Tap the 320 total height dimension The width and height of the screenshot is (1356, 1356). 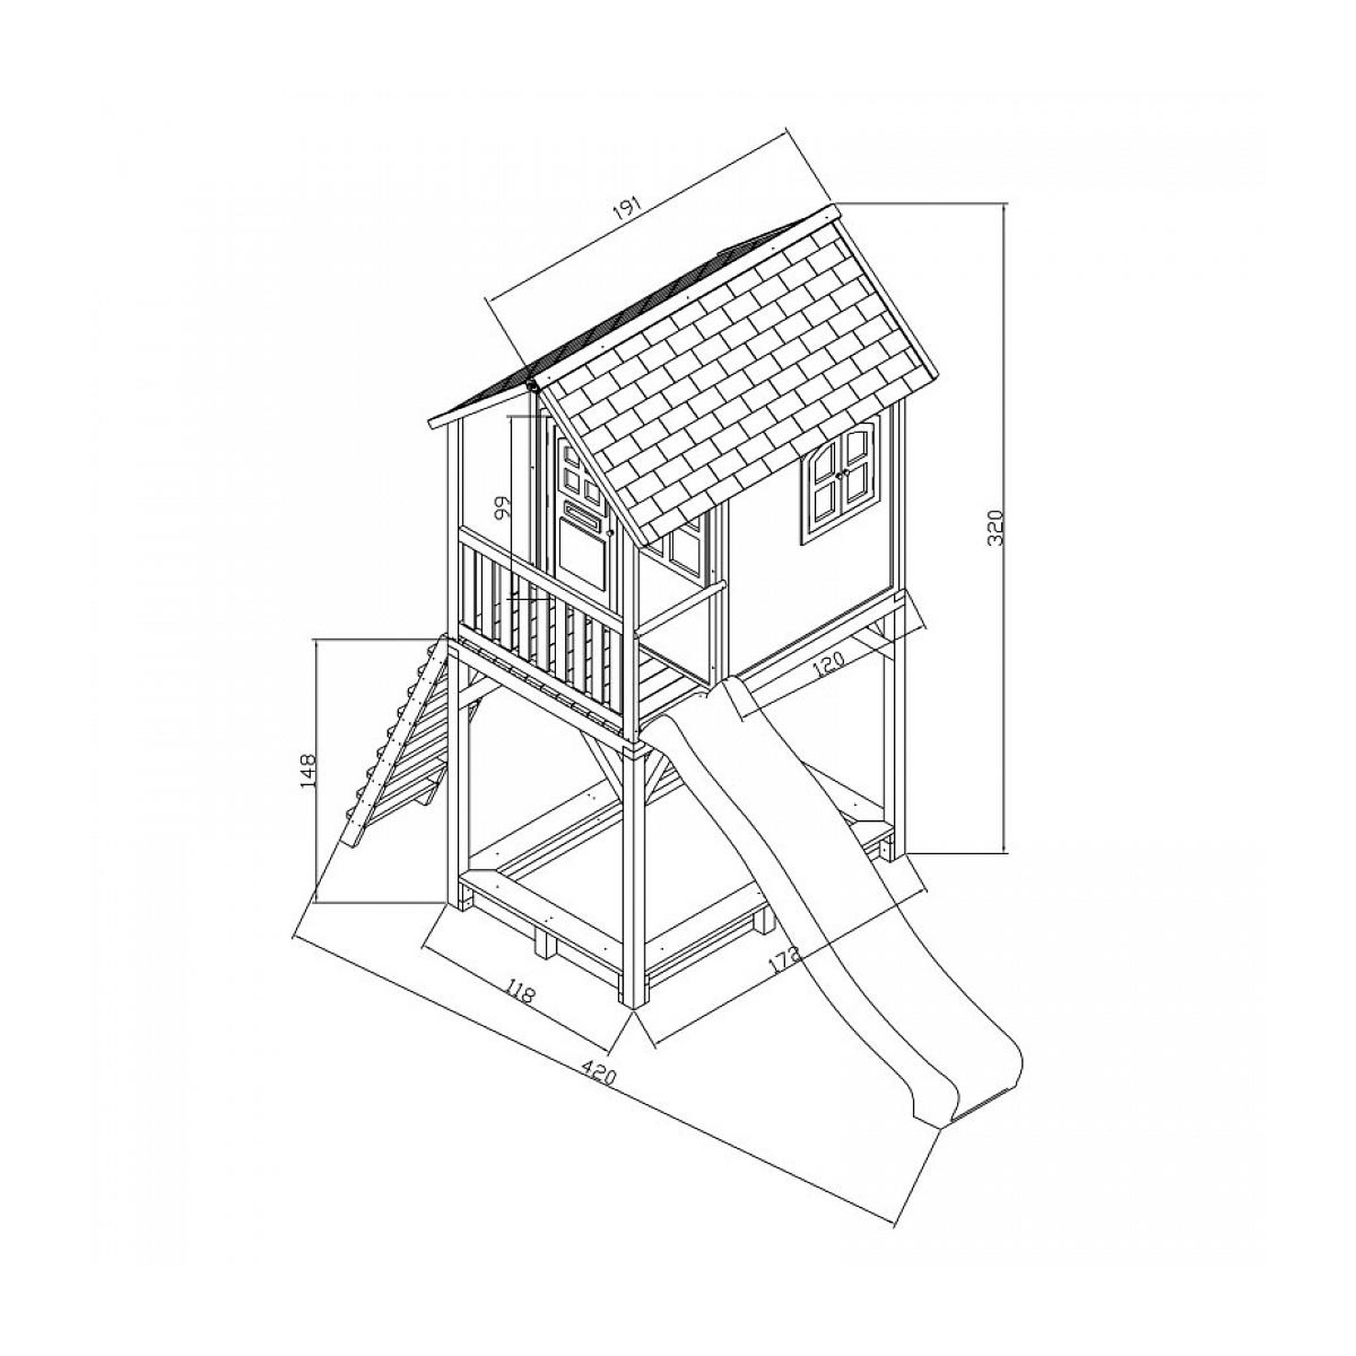point(997,528)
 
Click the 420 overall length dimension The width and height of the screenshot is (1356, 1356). point(599,1094)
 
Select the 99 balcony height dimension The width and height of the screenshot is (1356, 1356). point(501,507)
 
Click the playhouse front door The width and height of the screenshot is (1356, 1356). point(581,512)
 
